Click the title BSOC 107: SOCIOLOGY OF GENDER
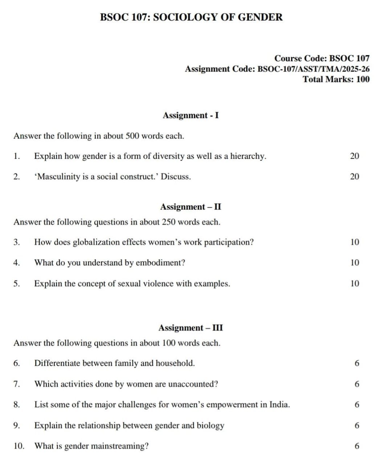tap(191, 17)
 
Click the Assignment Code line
tap(277, 69)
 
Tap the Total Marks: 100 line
tap(336, 79)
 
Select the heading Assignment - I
tap(191, 115)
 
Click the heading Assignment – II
tap(191, 207)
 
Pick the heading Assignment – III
tap(191, 328)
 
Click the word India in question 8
tap(279, 405)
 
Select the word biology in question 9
tap(210, 426)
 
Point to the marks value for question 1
tap(355, 156)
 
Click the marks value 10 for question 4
tap(355, 262)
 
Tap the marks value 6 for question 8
tap(357, 405)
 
